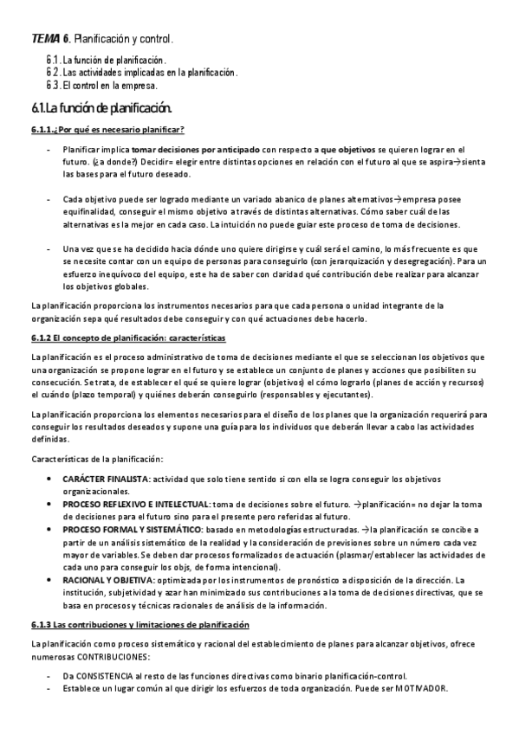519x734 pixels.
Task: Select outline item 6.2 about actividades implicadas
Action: [142, 72]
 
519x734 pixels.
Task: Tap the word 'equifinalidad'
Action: [91, 210]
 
